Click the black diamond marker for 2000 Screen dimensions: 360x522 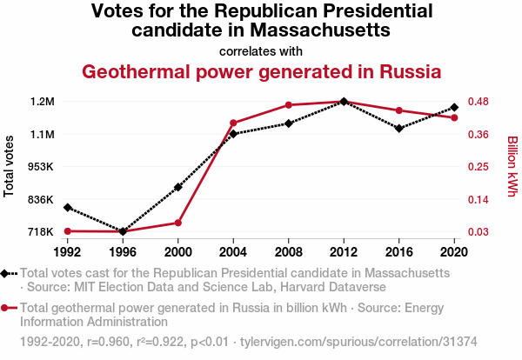coord(177,187)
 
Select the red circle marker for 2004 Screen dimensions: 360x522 coord(233,123)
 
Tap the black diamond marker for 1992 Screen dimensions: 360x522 coord(67,207)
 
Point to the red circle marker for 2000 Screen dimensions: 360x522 coord(177,223)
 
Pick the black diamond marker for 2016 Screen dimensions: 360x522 coord(398,129)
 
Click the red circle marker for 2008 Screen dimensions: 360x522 coord(288,105)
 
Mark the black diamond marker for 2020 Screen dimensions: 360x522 coord(454,108)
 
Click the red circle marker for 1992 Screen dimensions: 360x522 coord(67,231)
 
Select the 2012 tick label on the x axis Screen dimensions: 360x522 coord(344,251)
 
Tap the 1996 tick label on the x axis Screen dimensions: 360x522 coord(123,251)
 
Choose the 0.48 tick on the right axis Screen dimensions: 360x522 coord(483,102)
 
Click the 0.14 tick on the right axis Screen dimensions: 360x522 coord(483,200)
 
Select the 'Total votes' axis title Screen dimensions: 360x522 coord(10,166)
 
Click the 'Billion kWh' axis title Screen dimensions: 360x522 coord(512,166)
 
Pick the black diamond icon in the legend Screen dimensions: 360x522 coord(6,273)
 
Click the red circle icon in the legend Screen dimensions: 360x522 coord(6,308)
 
